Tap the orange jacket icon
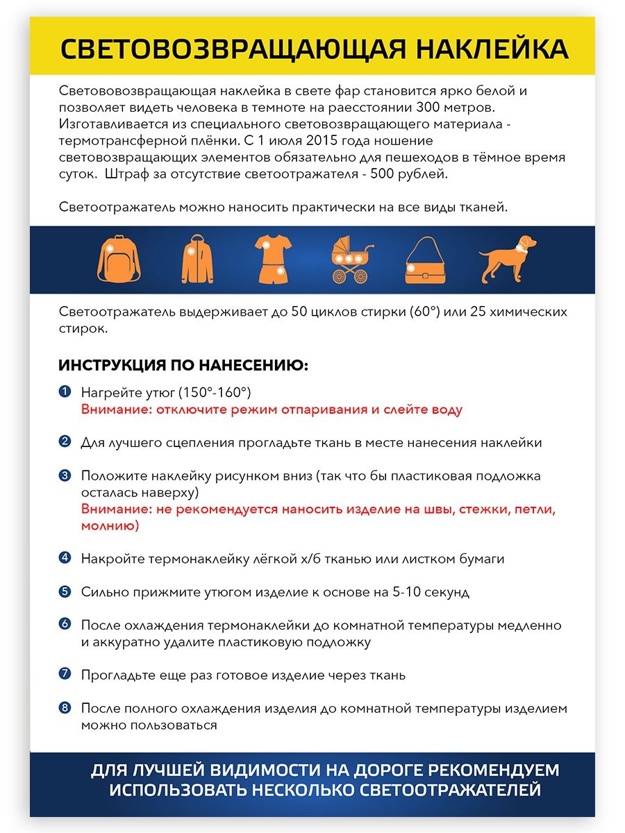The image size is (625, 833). click(x=197, y=260)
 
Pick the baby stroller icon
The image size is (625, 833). click(x=351, y=260)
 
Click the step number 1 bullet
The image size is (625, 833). click(x=65, y=392)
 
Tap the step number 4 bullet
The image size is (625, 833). click(x=65, y=557)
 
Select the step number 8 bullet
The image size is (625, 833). click(x=65, y=708)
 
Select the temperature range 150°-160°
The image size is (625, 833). click(x=215, y=393)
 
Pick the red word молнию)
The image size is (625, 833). click(x=110, y=526)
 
